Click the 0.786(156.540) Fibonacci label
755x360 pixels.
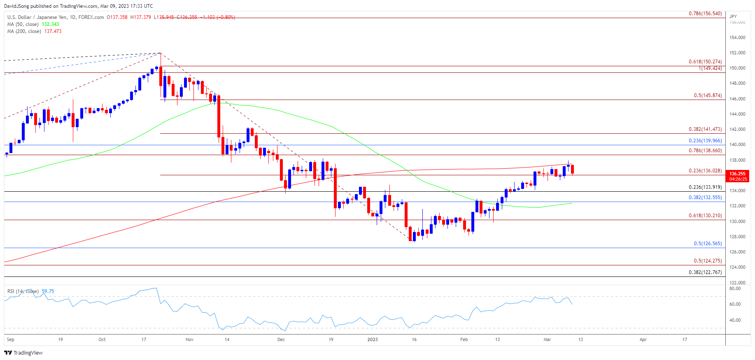(705, 14)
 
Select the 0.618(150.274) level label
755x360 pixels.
(705, 62)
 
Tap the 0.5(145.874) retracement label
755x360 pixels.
(708, 95)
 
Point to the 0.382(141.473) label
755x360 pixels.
(705, 129)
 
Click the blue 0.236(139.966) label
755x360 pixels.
(705, 141)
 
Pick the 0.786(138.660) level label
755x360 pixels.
(705, 151)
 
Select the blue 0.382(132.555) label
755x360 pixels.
(705, 197)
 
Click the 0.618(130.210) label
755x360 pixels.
(705, 216)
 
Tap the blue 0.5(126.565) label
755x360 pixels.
(708, 244)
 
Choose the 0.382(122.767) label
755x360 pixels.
(705, 272)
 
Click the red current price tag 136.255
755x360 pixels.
(738, 174)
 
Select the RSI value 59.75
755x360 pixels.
(48, 291)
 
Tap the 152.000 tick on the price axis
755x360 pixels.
(737, 53)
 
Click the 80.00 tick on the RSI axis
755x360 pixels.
(735, 289)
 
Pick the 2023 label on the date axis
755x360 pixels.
(373, 339)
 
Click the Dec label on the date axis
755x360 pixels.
(281, 339)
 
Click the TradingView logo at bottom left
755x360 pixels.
(23, 353)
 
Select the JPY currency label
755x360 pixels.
(733, 16)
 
